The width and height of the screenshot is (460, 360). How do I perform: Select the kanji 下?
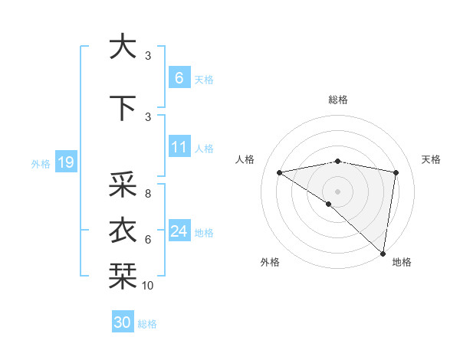coord(122,108)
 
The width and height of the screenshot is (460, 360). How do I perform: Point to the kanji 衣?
coord(122,231)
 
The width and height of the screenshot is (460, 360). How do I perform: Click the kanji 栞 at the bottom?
coord(122,273)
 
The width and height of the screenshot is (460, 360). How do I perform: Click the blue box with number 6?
coord(179,77)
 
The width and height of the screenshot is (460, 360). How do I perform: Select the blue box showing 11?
coord(179,147)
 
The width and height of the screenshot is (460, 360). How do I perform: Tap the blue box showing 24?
coord(179,231)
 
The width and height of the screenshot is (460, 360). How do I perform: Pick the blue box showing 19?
coord(65,162)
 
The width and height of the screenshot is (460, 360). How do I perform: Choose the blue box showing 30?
coord(123,322)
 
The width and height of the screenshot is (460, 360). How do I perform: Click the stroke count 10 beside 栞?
coord(148,286)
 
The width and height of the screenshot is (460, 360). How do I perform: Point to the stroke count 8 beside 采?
coord(147,194)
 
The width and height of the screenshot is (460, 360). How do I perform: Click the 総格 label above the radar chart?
coord(338,100)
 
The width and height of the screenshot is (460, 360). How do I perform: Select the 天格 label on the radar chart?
coord(431,159)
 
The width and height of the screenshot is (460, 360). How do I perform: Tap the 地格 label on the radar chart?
coord(402,263)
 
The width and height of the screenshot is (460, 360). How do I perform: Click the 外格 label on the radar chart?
coord(270,263)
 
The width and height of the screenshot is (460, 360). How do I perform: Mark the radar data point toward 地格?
coord(383,253)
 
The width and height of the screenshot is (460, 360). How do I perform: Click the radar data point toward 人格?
coord(280,172)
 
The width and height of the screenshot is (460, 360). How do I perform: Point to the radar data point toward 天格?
coord(396,172)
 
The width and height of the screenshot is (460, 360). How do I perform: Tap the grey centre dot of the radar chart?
coord(337,191)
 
